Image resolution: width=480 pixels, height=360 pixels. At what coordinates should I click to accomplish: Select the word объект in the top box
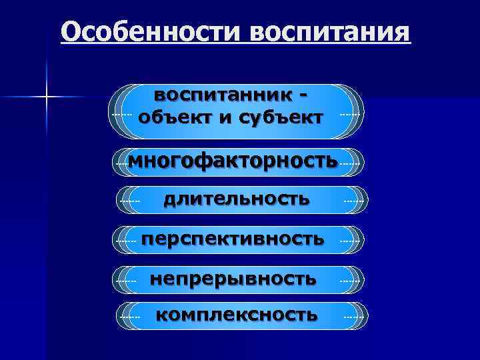point(175,117)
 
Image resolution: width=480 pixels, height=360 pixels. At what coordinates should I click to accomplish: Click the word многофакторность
point(232,160)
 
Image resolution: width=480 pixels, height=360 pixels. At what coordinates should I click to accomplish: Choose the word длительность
point(237,198)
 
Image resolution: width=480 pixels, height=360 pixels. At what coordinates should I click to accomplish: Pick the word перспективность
point(234,238)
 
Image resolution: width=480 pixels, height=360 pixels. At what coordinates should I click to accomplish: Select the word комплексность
point(237,314)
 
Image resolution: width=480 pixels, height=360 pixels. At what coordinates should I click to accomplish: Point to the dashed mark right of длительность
point(354,199)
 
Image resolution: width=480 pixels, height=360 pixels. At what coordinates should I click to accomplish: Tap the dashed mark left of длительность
point(129,199)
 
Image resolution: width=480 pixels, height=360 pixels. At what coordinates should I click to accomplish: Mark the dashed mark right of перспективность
point(351,239)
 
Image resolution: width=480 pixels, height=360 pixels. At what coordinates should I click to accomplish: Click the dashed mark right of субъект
point(350,115)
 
